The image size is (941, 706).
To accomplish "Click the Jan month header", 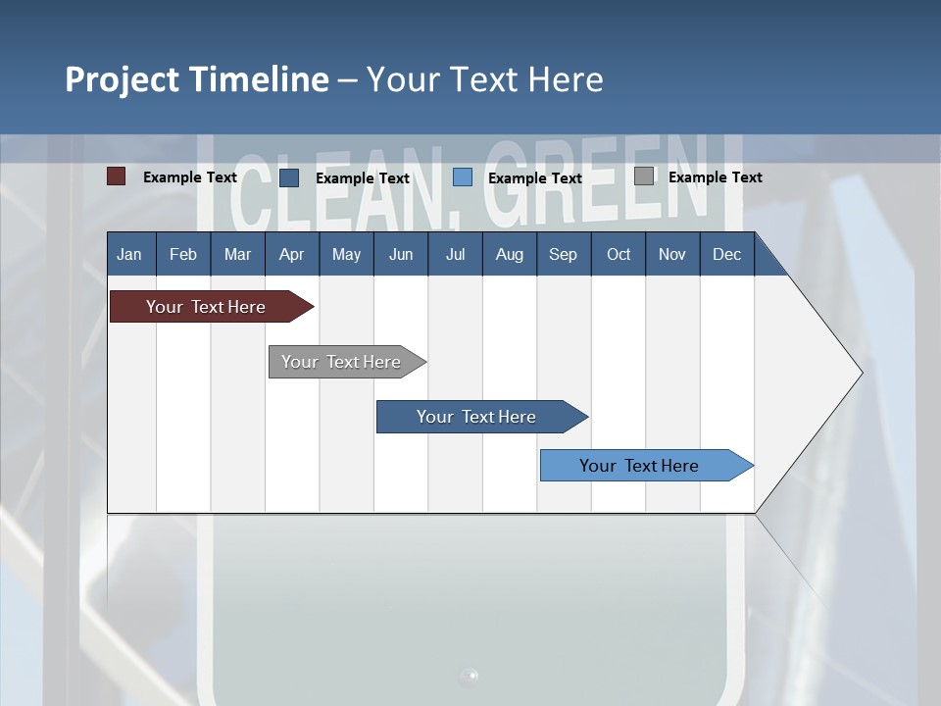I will tap(129, 254).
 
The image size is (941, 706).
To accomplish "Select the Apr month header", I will tap(291, 254).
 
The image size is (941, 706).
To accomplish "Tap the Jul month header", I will tap(455, 254).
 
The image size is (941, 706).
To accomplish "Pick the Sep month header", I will tap(563, 254).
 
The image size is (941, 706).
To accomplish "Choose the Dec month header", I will tap(726, 254).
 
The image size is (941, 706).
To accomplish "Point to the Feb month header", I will tap(183, 254).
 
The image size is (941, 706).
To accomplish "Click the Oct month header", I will tap(619, 254).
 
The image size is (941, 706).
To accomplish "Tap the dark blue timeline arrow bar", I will tap(477, 417).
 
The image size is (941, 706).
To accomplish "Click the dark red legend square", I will tap(117, 176).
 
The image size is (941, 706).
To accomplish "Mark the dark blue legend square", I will tap(289, 177).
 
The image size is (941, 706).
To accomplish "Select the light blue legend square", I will tap(463, 177).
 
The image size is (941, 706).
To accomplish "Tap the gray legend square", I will tap(644, 176).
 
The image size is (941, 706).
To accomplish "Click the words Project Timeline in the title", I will tap(196, 79).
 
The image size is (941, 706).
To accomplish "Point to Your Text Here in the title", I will tap(484, 79).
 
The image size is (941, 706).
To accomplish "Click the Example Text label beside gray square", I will tap(715, 177).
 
